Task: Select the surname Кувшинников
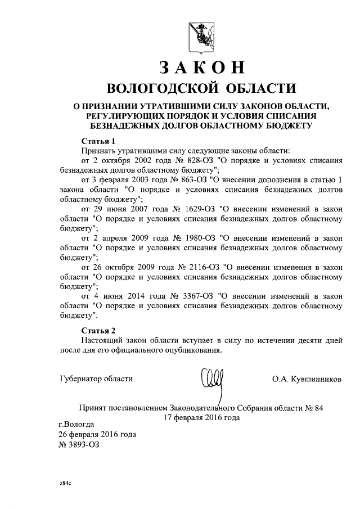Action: (314, 379)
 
